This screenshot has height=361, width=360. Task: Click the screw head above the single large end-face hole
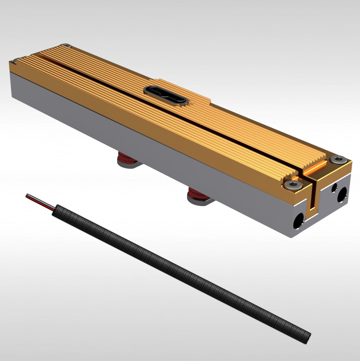(293, 184)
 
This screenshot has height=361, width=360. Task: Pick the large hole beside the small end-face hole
(342, 194)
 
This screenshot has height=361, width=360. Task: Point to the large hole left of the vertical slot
(298, 222)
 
